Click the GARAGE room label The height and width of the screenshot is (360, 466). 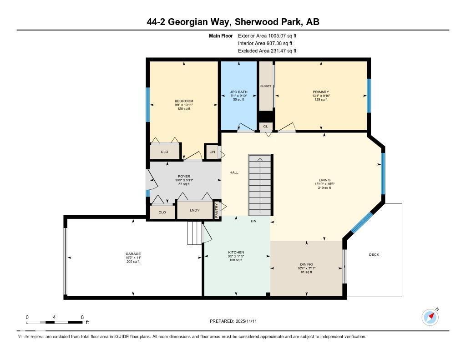click(x=133, y=254)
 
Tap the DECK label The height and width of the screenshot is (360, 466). click(x=374, y=254)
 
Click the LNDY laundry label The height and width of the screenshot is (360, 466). click(x=194, y=210)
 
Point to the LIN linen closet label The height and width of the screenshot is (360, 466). click(x=212, y=152)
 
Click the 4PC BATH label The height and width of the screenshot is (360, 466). click(x=238, y=92)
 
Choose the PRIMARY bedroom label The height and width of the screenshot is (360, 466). click(x=321, y=92)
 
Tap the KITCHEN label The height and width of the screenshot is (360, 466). click(x=236, y=252)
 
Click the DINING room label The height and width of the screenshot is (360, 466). click(x=306, y=264)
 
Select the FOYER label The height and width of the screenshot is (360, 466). click(x=184, y=176)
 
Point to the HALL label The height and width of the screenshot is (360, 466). click(x=234, y=172)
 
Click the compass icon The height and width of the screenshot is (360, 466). click(x=430, y=317)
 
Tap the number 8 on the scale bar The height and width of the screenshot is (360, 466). click(x=82, y=317)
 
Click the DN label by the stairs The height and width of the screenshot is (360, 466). click(x=253, y=222)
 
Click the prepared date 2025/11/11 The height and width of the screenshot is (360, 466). click(x=248, y=321)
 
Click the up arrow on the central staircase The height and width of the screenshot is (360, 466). click(x=260, y=160)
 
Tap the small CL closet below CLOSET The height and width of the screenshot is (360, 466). click(x=265, y=126)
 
